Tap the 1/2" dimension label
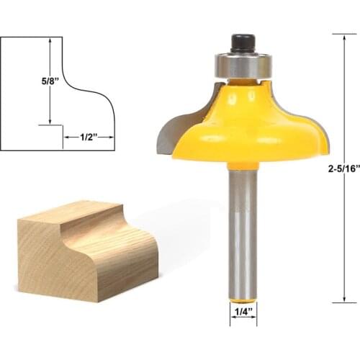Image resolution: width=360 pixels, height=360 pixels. click(87, 135)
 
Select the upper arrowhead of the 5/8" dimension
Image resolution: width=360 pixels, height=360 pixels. click(50, 42)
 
